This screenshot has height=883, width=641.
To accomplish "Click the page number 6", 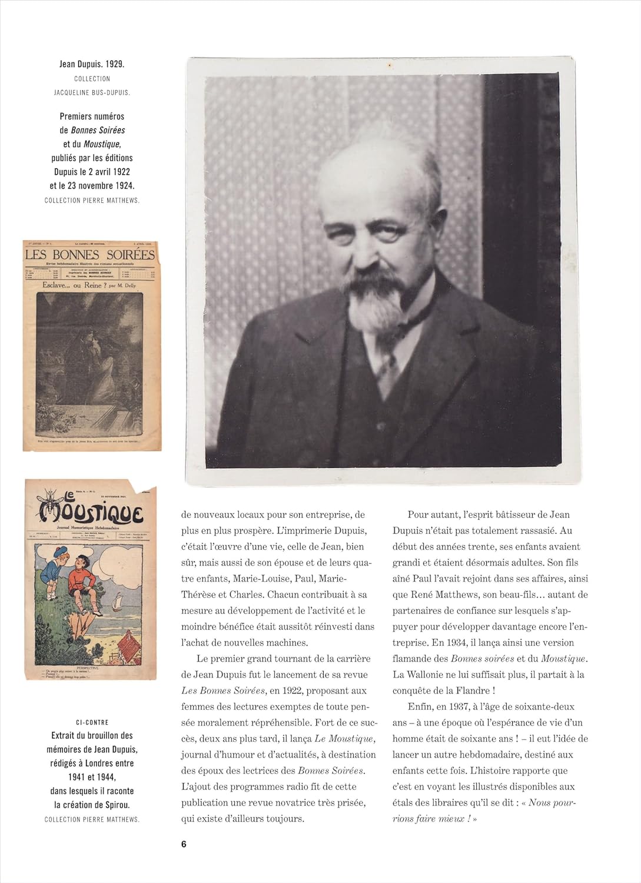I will click(184, 844).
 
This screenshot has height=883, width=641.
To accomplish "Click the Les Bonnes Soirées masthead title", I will click(90, 254).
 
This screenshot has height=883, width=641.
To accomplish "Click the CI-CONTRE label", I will click(92, 722).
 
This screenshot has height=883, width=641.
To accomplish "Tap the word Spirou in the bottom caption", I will click(116, 805).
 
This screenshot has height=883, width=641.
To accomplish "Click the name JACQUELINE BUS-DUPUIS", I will click(92, 92).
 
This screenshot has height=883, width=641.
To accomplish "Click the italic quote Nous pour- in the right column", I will click(552, 802).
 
